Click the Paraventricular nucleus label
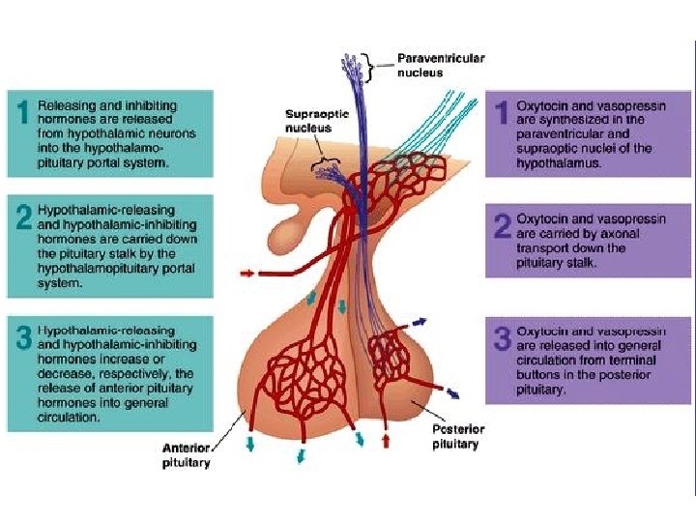coord(441,65)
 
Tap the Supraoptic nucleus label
coord(309,120)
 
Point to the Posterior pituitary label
coord(458,436)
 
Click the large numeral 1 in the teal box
coord(20,113)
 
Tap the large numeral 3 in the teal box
coord(22,338)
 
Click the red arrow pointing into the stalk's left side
coord(248,274)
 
